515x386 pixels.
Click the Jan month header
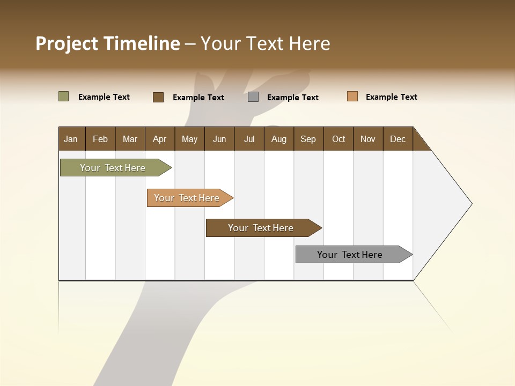71,139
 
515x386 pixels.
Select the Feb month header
100,139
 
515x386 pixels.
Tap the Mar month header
130,139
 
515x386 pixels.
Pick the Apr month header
160,139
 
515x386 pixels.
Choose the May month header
189,139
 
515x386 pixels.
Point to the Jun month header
219,139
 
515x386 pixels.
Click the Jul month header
249,139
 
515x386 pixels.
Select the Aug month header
279,139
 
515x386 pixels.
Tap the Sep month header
308,139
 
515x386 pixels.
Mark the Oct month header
339,139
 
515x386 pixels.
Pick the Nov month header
368,139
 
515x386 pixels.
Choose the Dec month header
398,139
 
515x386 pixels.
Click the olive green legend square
64,96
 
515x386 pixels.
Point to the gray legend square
253,97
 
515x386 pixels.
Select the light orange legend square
352,96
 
